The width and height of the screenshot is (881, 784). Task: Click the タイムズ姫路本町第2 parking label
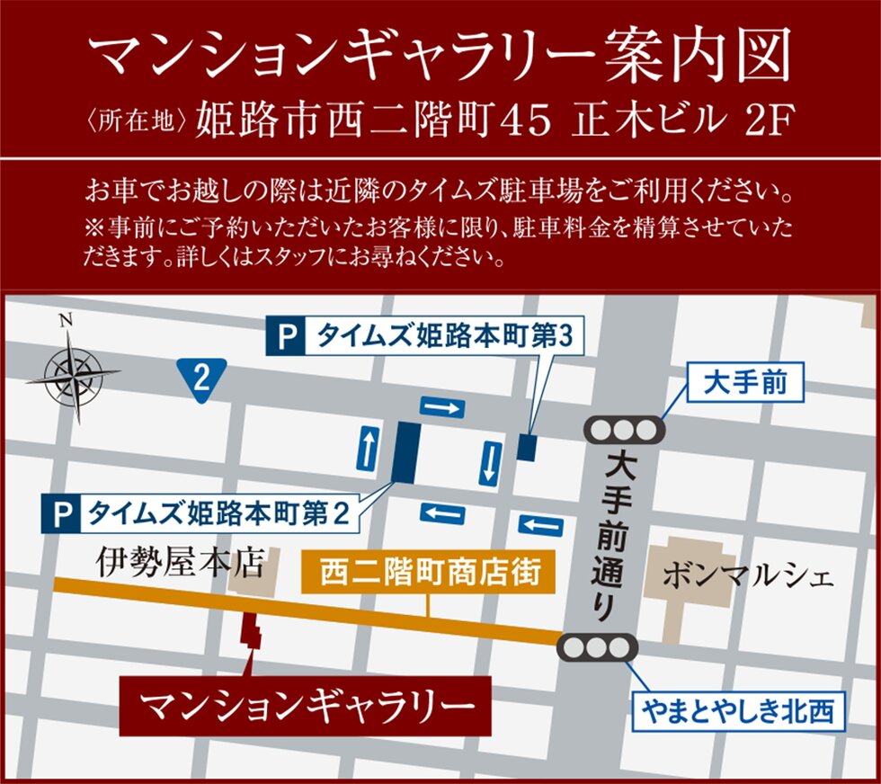(201, 513)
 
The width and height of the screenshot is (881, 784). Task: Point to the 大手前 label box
(745, 385)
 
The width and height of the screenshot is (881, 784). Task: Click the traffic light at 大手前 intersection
(624, 430)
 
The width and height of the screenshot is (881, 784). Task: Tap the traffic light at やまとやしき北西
(598, 647)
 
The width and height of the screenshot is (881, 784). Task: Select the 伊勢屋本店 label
(180, 565)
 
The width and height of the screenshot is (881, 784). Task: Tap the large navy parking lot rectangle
(405, 452)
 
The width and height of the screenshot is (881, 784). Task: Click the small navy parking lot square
(527, 447)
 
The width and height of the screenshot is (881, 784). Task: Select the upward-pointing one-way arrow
(368, 448)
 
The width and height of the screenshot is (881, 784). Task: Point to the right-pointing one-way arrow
(442, 407)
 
